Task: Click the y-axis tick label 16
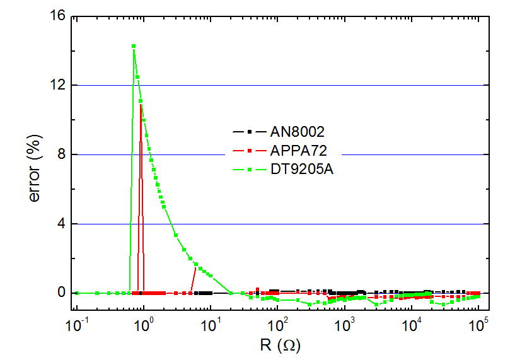click(56, 16)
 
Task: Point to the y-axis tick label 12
click(56, 85)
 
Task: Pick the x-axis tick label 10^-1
click(76, 327)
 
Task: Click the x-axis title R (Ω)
click(278, 345)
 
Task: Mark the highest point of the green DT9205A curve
click(134, 45)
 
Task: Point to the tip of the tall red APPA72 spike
click(141, 104)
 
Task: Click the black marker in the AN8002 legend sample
click(249, 132)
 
